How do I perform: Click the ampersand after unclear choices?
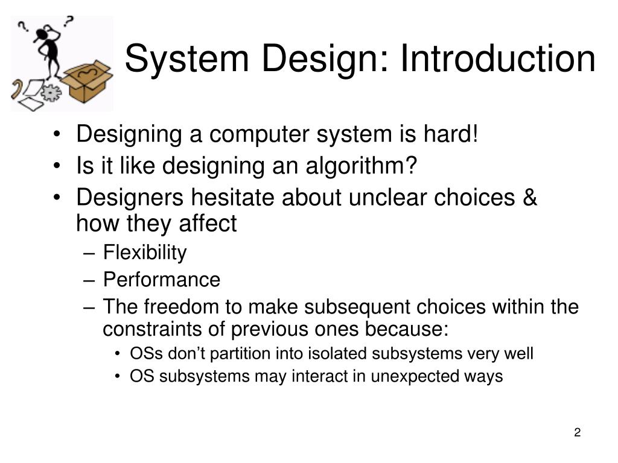coord(529,197)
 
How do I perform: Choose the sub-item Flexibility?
coord(145,253)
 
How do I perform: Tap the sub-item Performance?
coord(161,280)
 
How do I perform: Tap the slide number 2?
coord(577,432)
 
